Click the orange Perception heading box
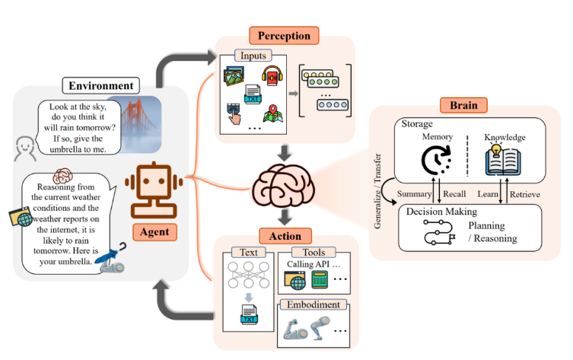pos(284,36)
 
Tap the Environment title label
pos(101,85)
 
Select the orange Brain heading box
pos(463,105)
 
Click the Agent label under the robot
pos(154,231)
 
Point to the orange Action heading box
pos(285,236)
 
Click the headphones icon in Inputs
pos(272,75)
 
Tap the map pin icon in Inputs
pos(272,113)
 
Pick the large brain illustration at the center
pos(283,186)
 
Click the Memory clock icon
pos(436,160)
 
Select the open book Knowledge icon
pos(503,160)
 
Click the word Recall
pos(454,194)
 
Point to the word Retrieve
pos(525,194)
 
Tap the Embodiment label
pos(314,304)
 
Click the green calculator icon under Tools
pos(320,280)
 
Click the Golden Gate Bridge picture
pos(138,124)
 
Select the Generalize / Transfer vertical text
pos(377,191)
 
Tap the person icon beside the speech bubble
pos(25,148)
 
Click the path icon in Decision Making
pos(439,232)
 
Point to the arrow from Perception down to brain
pos(284,153)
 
